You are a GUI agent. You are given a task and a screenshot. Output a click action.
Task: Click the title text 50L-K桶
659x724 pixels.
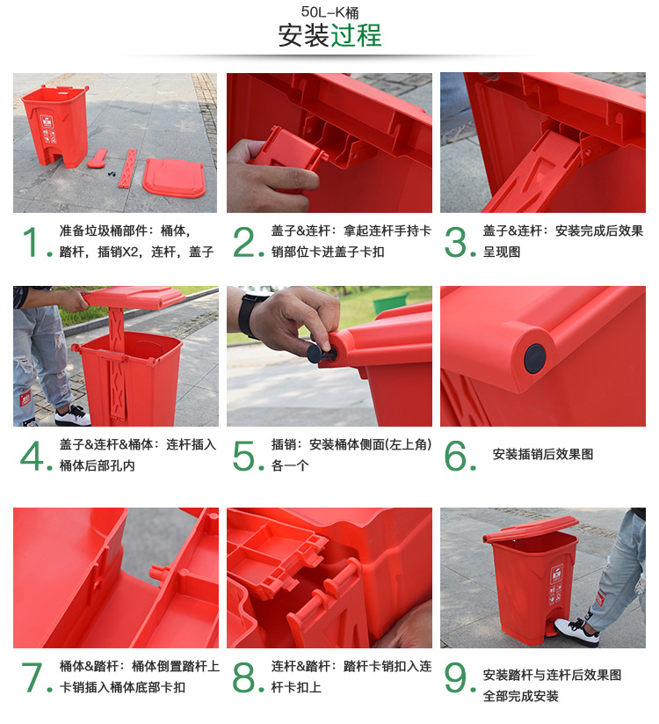(329, 12)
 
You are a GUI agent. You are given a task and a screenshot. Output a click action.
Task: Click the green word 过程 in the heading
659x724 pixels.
(356, 36)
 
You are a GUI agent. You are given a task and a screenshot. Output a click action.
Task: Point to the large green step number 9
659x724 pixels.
(458, 678)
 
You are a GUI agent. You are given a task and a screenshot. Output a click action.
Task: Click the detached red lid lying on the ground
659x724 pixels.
(173, 177)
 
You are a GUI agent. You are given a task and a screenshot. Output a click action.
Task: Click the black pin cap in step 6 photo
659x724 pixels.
(534, 356)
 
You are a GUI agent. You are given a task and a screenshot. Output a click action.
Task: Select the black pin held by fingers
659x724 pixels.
(315, 353)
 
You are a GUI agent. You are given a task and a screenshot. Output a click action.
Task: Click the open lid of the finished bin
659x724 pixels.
(530, 527)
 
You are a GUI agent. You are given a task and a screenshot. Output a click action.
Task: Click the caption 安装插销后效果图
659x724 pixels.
(542, 455)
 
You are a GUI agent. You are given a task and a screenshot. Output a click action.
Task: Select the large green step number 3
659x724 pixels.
(458, 242)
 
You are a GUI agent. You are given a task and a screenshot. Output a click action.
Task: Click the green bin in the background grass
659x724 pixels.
(390, 303)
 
